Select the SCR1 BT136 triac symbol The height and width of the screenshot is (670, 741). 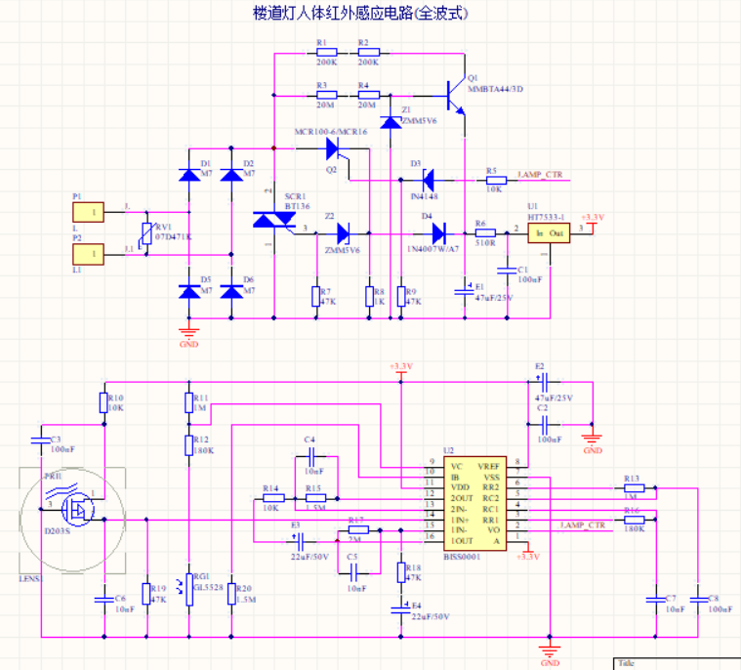pyautogui.click(x=273, y=221)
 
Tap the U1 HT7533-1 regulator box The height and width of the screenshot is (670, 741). pyautogui.click(x=548, y=232)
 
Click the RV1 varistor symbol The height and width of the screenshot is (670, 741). pyautogui.click(x=146, y=236)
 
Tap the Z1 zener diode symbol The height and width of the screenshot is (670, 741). pyautogui.click(x=390, y=122)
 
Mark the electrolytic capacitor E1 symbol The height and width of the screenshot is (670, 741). pyautogui.click(x=466, y=290)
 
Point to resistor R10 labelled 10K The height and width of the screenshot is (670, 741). pyautogui.click(x=103, y=402)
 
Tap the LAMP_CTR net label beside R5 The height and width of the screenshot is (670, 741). pyautogui.click(x=539, y=175)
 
